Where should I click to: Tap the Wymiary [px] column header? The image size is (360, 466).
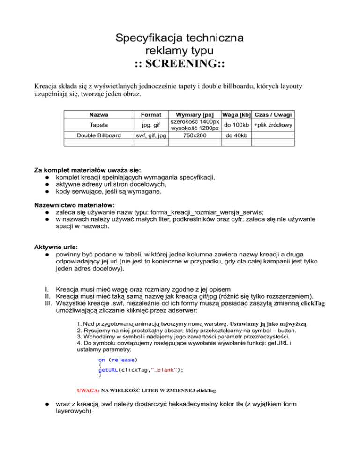(x=194, y=115)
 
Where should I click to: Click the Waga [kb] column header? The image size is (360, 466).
(x=237, y=115)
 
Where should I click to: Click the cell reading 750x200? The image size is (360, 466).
(x=194, y=135)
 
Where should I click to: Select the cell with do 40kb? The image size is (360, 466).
(x=237, y=135)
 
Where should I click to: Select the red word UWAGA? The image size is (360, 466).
(x=88, y=390)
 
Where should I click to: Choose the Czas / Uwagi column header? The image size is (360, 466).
(x=274, y=115)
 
